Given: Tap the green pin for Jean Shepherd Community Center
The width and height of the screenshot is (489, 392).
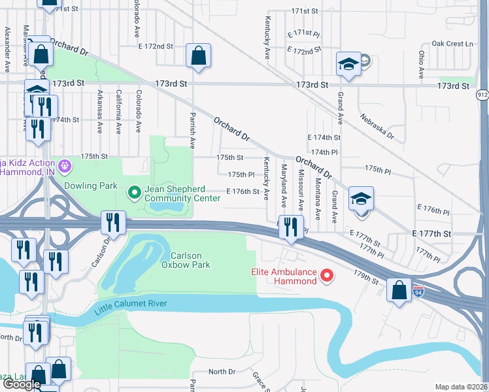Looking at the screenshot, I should tap(135, 193).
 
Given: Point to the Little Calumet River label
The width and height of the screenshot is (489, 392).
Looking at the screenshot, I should tap(131, 304).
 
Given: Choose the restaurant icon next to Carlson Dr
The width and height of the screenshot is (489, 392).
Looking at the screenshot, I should tap(113, 223).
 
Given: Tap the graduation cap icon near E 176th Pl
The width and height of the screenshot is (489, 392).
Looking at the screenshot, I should tap(361, 199).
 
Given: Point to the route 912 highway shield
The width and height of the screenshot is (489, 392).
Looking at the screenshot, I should tap(482, 95).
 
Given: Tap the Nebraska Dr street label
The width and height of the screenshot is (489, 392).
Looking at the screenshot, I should tap(377, 126).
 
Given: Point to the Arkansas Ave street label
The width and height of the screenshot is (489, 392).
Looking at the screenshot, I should tap(99, 111).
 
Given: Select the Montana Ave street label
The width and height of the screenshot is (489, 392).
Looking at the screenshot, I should tap(318, 199).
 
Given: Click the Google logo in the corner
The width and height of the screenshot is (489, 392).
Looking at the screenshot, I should tap(22, 384).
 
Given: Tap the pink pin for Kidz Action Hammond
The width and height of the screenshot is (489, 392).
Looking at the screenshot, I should tap(64, 166).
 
